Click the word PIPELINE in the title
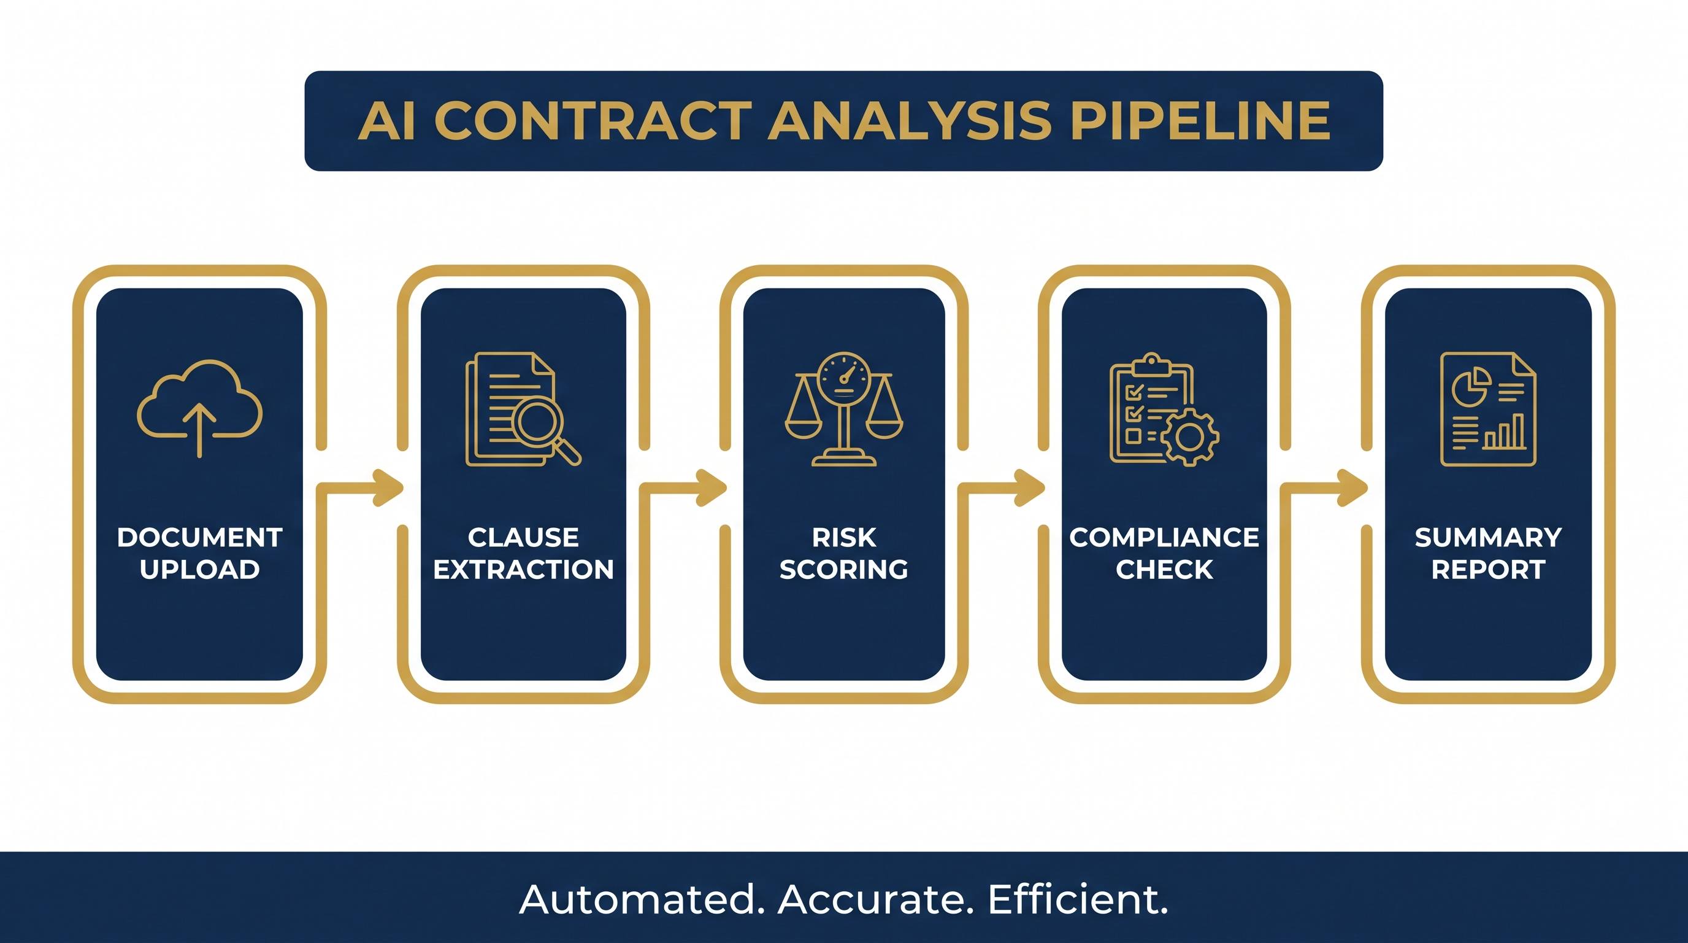point(1200,121)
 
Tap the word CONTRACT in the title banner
point(592,121)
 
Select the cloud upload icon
point(199,408)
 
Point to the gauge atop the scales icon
point(843,376)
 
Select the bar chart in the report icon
point(1505,432)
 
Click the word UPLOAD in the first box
point(200,569)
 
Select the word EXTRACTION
point(524,569)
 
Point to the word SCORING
point(844,569)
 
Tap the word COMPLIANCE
point(1164,538)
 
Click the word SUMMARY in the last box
point(1488,538)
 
